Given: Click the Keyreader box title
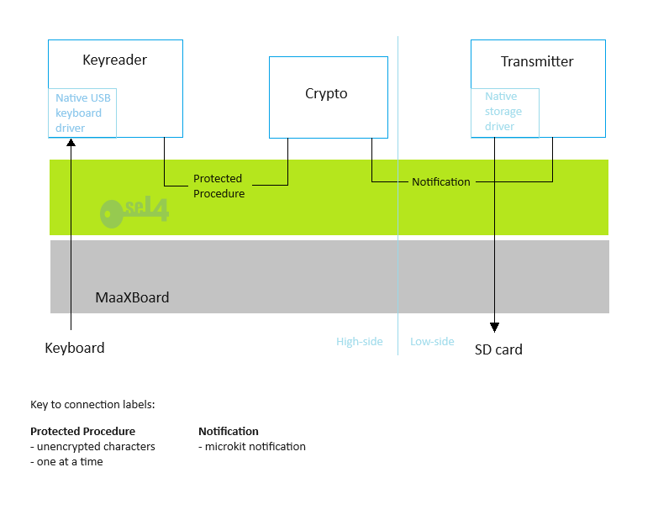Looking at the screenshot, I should (x=114, y=60).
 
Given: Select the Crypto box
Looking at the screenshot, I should (x=327, y=94).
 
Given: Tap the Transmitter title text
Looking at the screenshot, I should (x=537, y=61).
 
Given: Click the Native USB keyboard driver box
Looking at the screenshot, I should (x=82, y=113).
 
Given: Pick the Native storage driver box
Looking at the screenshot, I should (x=504, y=112).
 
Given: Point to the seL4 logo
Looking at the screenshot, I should (x=134, y=211).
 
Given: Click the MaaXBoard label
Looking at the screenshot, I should (x=132, y=297).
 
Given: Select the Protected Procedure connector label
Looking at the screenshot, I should (x=219, y=186).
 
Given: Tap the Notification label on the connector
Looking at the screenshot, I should (x=441, y=181).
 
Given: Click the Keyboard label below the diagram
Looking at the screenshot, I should (x=75, y=348).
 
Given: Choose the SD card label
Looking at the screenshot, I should (x=498, y=349).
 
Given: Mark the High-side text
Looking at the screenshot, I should (x=360, y=341).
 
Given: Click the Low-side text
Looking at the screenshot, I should (x=432, y=341).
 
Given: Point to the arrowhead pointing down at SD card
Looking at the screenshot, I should (x=494, y=328).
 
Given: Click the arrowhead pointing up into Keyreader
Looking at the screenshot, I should (x=71, y=143).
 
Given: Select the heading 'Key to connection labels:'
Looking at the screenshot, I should (x=92, y=404).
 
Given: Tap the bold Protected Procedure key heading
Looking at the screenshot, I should (x=82, y=431).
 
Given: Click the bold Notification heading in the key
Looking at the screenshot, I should (x=229, y=431).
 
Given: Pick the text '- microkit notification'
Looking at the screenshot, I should (x=252, y=446).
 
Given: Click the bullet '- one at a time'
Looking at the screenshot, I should (x=66, y=461).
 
